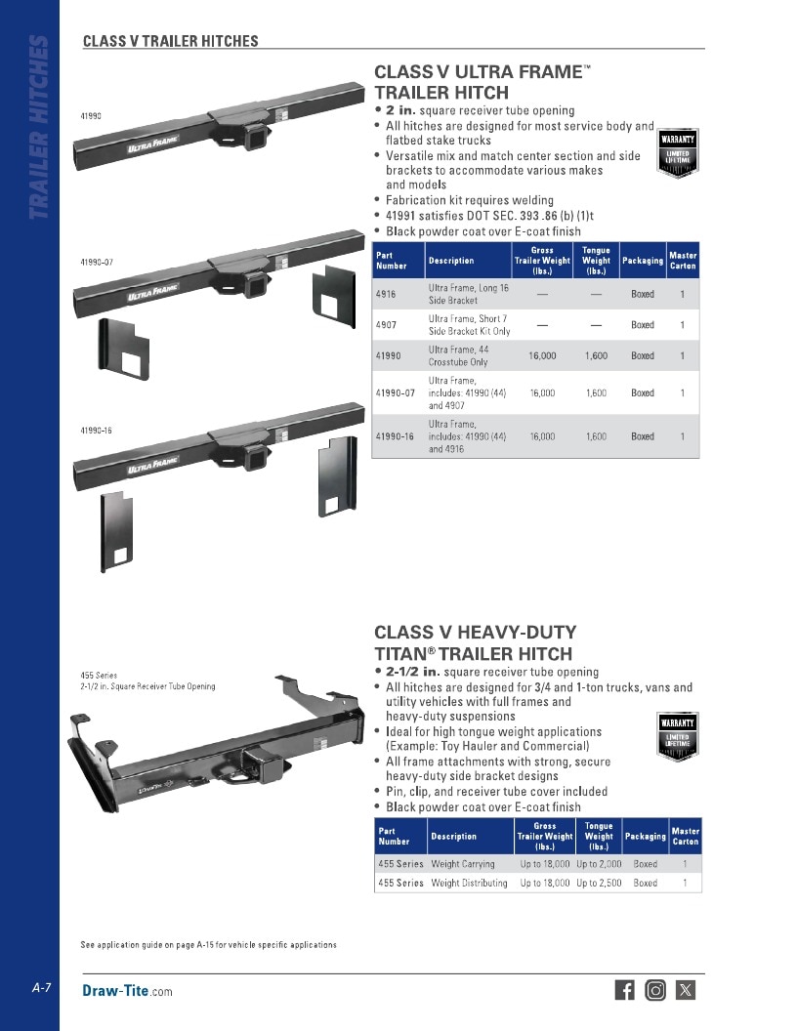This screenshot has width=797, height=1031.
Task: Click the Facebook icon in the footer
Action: click(x=625, y=990)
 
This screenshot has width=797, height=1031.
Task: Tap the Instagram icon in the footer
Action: click(x=655, y=990)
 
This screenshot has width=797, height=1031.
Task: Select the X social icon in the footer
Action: click(x=686, y=990)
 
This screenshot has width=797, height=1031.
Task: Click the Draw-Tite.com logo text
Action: click(x=127, y=991)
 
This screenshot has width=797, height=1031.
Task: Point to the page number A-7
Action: click(x=41, y=988)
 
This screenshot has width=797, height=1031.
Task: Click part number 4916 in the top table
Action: click(x=386, y=294)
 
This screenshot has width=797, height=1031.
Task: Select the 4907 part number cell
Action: click(x=386, y=325)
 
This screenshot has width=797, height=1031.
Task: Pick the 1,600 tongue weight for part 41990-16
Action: click(x=597, y=436)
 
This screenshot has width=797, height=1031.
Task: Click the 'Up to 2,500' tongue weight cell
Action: click(x=599, y=883)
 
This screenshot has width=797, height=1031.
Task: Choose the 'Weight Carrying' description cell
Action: click(x=462, y=864)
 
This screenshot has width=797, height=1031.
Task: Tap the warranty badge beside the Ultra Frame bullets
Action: click(x=677, y=153)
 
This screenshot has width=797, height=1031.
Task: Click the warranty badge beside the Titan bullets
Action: click(x=677, y=736)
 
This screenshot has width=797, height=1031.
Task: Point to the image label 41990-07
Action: click(x=97, y=262)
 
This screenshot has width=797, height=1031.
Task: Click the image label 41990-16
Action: click(x=96, y=431)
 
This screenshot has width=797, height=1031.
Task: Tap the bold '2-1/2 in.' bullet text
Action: click(x=413, y=672)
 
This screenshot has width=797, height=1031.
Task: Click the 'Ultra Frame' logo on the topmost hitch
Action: click(x=153, y=144)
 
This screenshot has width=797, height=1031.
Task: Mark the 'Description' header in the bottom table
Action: click(x=454, y=837)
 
